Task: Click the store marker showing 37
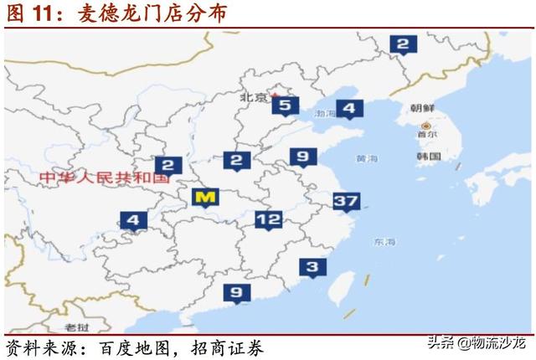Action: (x=346, y=201)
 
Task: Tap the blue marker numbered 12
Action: (x=268, y=220)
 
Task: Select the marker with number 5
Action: (x=285, y=105)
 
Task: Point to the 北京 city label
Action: (x=253, y=98)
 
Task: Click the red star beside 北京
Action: (x=273, y=95)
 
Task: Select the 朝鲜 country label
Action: (x=423, y=109)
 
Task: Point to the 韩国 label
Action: (x=428, y=157)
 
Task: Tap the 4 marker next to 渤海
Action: (x=349, y=108)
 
